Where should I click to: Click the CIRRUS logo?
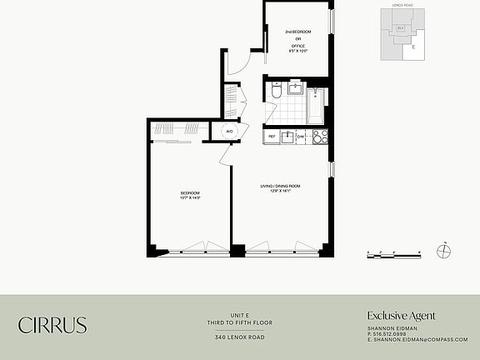click(52, 325)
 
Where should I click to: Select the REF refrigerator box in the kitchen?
click(272, 136)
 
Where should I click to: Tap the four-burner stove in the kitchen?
click(319, 136)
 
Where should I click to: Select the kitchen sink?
click(287, 136)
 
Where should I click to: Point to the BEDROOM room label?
click(190, 193)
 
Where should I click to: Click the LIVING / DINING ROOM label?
click(280, 185)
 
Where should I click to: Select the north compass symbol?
click(444, 253)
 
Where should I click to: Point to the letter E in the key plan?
click(412, 47)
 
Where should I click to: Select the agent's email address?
click(417, 339)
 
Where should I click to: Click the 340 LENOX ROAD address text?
click(240, 337)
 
